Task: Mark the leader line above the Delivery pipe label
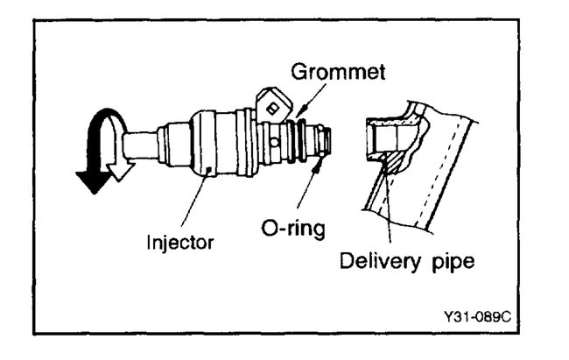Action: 386,210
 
